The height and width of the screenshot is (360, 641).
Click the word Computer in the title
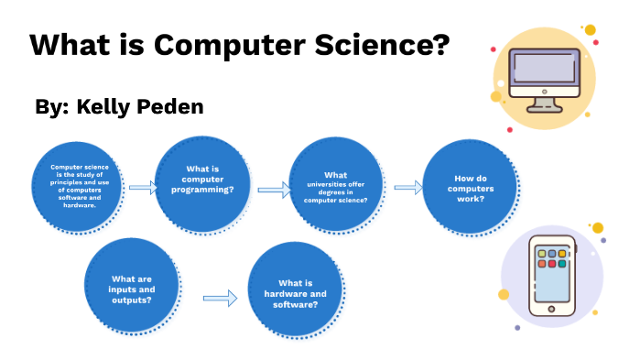(x=221, y=45)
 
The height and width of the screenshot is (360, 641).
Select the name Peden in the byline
(x=165, y=106)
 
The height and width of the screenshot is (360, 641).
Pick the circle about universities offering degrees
(x=336, y=187)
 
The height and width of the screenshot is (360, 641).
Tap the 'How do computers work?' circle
(x=468, y=188)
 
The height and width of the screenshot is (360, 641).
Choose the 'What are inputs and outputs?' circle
(x=132, y=289)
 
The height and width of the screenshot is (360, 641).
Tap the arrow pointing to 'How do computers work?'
(x=407, y=187)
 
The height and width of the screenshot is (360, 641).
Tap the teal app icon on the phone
(x=562, y=263)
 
